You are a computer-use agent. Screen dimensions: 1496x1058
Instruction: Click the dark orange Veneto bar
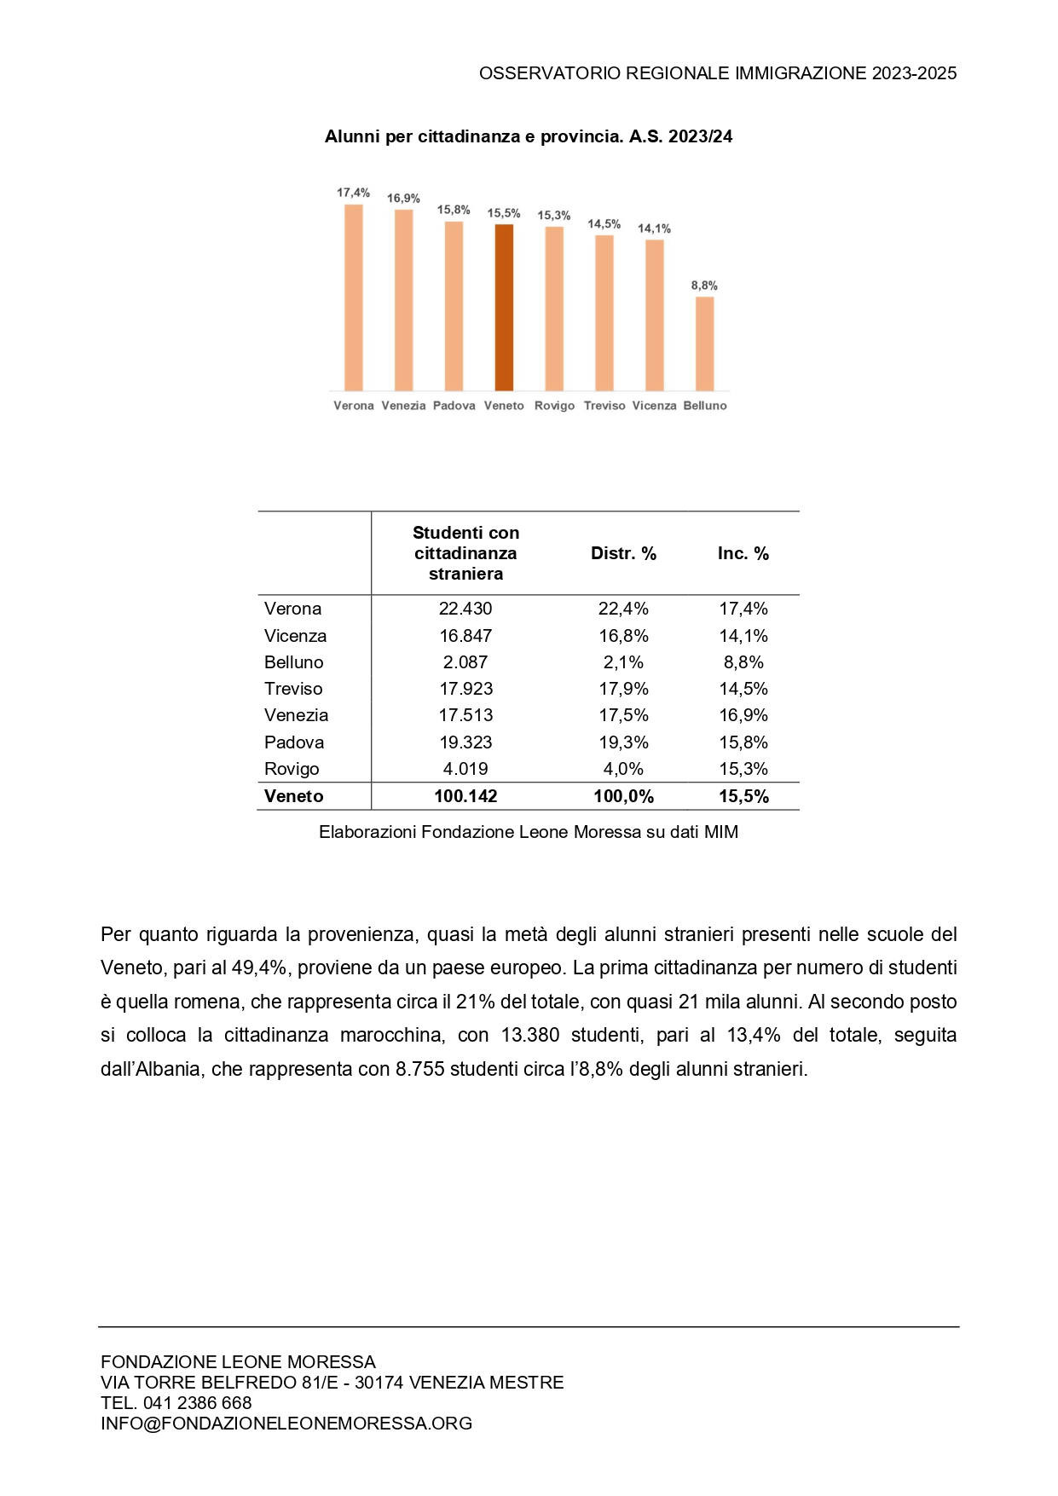pyautogui.click(x=504, y=307)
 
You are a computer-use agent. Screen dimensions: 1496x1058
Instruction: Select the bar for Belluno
pyautogui.click(x=704, y=344)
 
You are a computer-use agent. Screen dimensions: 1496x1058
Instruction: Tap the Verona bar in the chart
pyautogui.click(x=354, y=297)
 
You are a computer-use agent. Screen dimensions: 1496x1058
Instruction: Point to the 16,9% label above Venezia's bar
pyautogui.click(x=403, y=199)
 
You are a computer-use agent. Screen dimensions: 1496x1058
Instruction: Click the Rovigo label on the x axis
pyautogui.click(x=554, y=406)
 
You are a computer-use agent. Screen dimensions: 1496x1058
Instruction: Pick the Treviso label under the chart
pyautogui.click(x=604, y=406)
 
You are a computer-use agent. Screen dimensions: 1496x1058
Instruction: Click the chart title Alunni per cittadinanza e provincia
pyautogui.click(x=529, y=136)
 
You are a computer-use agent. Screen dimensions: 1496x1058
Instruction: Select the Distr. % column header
pyautogui.click(x=623, y=553)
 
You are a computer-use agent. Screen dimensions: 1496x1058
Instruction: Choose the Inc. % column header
pyautogui.click(x=743, y=553)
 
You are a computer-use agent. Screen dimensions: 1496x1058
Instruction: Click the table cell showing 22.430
pyautogui.click(x=465, y=609)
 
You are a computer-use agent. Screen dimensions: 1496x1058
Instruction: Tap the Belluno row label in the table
pyautogui.click(x=294, y=662)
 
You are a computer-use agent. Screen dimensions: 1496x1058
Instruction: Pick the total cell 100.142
pyautogui.click(x=465, y=796)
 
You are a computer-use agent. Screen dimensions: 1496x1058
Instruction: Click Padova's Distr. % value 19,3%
pyautogui.click(x=623, y=742)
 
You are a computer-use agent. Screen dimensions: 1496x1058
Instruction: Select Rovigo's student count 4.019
pyautogui.click(x=465, y=769)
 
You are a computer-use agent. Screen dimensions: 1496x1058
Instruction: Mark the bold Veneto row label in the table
pyautogui.click(x=294, y=796)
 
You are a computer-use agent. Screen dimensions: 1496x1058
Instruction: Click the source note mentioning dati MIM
pyautogui.click(x=529, y=832)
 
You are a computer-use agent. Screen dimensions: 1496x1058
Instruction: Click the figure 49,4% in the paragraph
pyautogui.click(x=259, y=967)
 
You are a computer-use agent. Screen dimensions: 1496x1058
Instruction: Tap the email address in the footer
pyautogui.click(x=286, y=1423)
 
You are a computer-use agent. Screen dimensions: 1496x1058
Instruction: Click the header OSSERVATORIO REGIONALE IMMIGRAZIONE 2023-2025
pyautogui.click(x=718, y=73)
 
